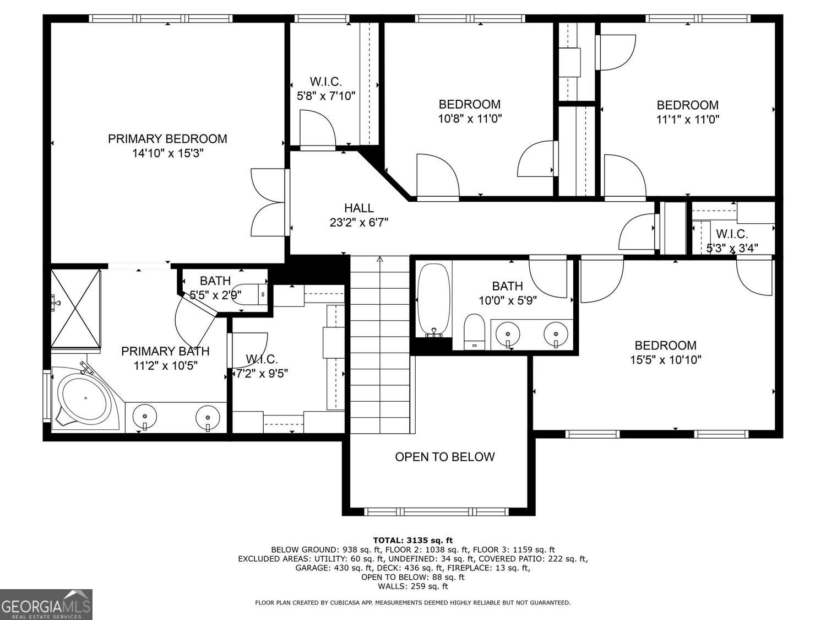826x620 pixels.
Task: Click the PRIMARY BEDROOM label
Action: click(x=167, y=139)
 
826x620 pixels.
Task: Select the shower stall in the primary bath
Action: click(x=76, y=309)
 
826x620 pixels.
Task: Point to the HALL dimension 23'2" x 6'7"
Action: click(x=358, y=222)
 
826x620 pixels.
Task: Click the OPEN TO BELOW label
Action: click(x=444, y=457)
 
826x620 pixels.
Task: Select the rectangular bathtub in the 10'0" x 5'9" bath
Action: click(x=434, y=300)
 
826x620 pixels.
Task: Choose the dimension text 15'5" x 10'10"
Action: click(x=665, y=360)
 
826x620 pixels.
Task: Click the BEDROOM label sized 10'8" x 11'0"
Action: click(x=469, y=104)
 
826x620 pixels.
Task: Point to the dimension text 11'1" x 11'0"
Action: click(x=687, y=118)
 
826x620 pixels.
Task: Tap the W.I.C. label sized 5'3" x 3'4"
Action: click(x=732, y=234)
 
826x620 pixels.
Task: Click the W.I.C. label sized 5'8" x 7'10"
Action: click(x=326, y=82)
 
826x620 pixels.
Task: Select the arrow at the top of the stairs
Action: click(x=379, y=259)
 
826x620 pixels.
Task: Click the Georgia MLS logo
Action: click(x=46, y=604)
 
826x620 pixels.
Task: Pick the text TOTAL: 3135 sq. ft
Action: click(x=412, y=540)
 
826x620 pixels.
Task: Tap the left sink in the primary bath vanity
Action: click(x=145, y=414)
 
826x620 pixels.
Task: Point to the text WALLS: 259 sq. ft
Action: click(x=412, y=586)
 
